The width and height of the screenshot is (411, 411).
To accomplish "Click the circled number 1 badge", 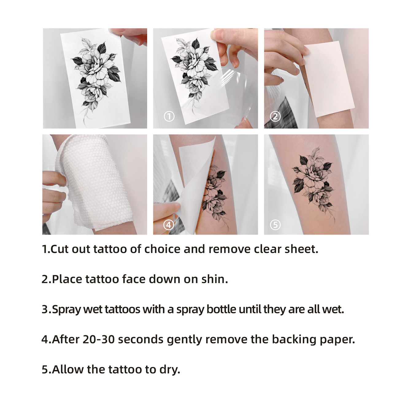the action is tap(169, 117).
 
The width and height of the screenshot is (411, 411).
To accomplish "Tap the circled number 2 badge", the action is tap(275, 117).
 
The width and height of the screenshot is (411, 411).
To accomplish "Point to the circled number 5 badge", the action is tap(275, 225).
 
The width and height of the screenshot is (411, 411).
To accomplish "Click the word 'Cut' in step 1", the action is tap(60, 249).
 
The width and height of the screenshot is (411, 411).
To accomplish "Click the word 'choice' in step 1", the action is tap(162, 249).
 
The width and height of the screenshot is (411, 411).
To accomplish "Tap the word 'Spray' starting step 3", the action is tap(66, 310).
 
